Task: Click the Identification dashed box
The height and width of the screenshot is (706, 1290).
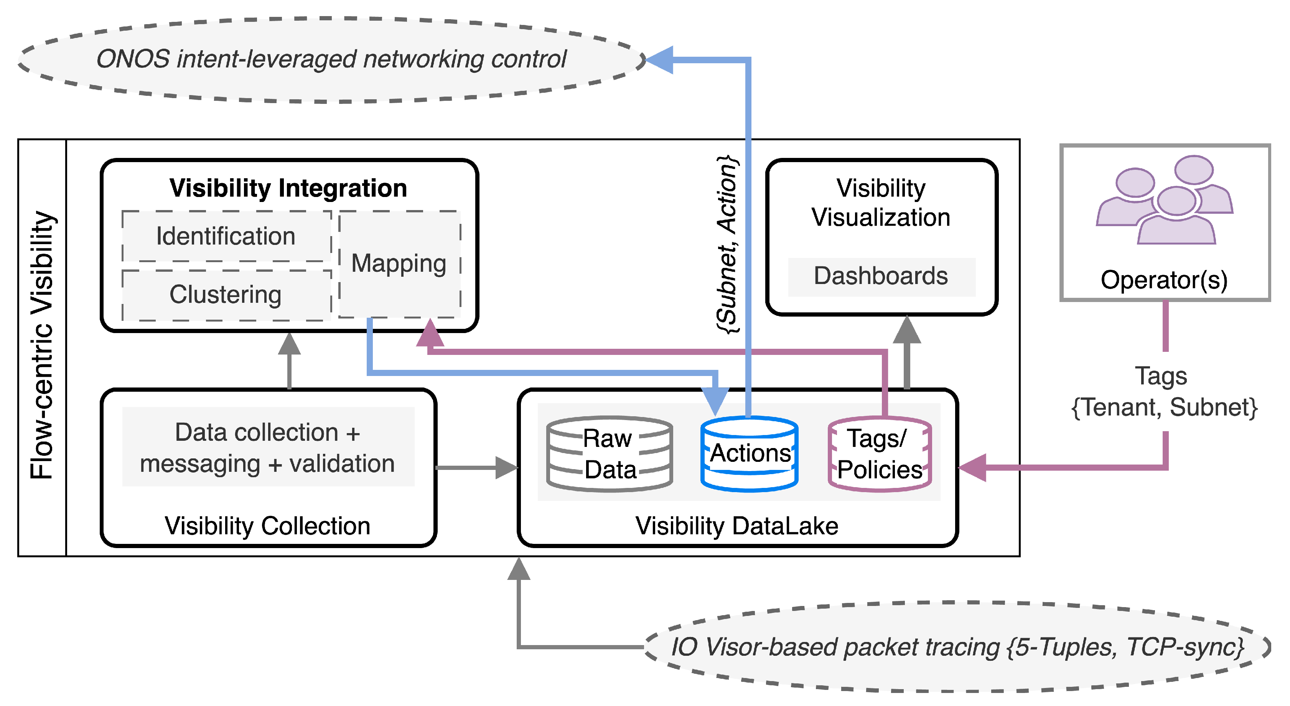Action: [x=226, y=236]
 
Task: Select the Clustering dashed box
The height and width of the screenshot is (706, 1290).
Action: [x=226, y=295]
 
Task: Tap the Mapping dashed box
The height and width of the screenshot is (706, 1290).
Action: [x=399, y=264]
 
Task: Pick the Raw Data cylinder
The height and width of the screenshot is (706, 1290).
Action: [x=610, y=454]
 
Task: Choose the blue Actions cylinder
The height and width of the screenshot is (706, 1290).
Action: [x=749, y=454]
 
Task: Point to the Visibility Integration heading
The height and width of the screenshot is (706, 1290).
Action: [x=288, y=189]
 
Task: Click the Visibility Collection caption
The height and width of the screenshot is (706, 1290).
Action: [x=267, y=526]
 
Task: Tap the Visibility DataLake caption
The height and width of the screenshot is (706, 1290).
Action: [x=736, y=526]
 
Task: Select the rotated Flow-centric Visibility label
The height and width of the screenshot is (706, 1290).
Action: [x=42, y=345]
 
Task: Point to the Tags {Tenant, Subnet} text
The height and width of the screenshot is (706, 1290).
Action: [x=1164, y=392]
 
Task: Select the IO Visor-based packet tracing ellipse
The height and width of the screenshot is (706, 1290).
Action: [x=957, y=647]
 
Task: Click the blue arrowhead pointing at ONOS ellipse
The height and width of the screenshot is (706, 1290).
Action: [x=660, y=59]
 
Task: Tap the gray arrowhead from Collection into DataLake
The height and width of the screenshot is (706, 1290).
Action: [x=506, y=468]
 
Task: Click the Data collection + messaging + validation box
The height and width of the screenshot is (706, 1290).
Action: [x=268, y=447]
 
